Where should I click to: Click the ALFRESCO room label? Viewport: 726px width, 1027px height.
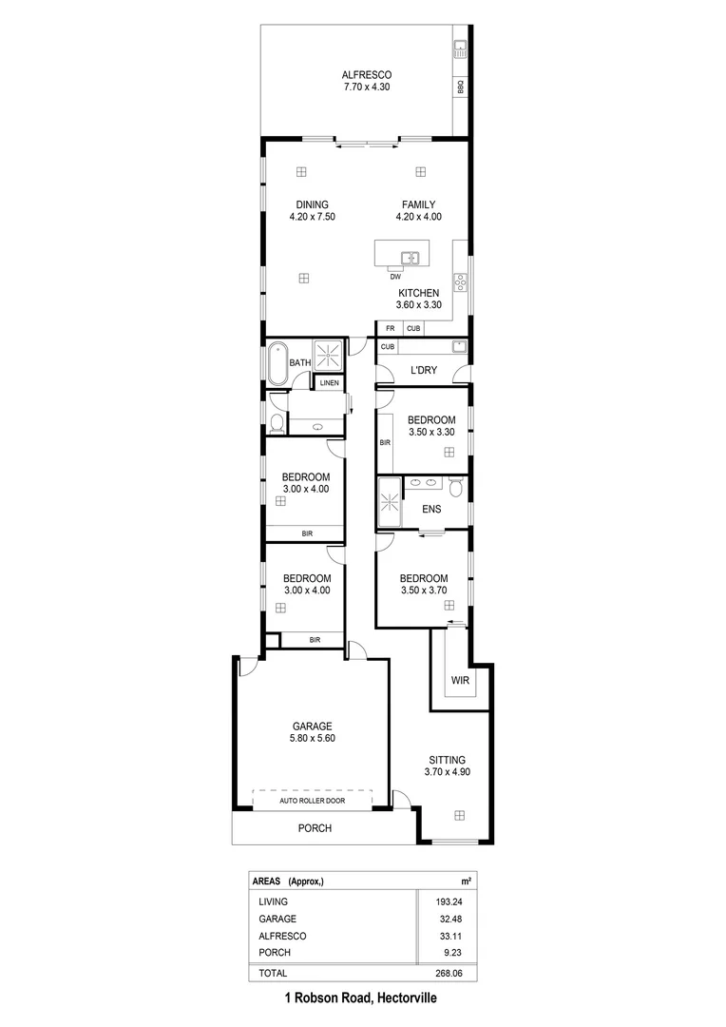pyautogui.click(x=368, y=74)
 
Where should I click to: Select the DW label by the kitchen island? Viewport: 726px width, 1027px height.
pyautogui.click(x=394, y=277)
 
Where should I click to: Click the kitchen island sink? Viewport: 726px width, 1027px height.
pyautogui.click(x=411, y=257)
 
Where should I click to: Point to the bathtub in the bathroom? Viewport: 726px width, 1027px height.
pyautogui.click(x=277, y=362)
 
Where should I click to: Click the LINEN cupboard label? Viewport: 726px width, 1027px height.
pyautogui.click(x=329, y=383)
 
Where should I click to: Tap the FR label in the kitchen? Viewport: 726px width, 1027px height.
pyautogui.click(x=390, y=328)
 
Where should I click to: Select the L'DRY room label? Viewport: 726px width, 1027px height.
pyautogui.click(x=423, y=370)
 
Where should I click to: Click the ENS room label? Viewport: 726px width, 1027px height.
pyautogui.click(x=433, y=509)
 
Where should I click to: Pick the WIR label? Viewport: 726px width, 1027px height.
pyautogui.click(x=461, y=681)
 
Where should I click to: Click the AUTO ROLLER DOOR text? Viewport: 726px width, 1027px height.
pyautogui.click(x=312, y=801)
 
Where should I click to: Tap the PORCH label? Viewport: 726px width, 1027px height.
pyautogui.click(x=315, y=828)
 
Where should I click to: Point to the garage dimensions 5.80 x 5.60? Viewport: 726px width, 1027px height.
pyautogui.click(x=312, y=738)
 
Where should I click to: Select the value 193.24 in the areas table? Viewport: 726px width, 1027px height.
pyautogui.click(x=448, y=901)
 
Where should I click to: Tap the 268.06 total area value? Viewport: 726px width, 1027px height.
pyautogui.click(x=448, y=974)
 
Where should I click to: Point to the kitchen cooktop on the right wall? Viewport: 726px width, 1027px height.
pyautogui.click(x=460, y=281)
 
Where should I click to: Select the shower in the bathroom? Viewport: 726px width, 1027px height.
pyautogui.click(x=329, y=357)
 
